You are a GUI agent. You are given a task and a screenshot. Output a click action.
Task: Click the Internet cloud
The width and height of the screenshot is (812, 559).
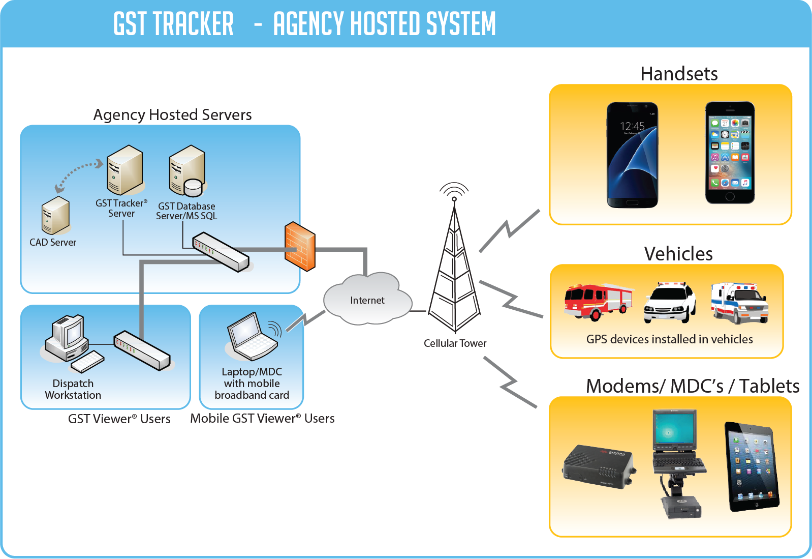point(367,300)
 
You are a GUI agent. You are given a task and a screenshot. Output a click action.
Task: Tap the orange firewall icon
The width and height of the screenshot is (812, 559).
point(300,246)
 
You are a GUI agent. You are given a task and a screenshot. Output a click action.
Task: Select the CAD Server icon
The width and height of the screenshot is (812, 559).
point(55,216)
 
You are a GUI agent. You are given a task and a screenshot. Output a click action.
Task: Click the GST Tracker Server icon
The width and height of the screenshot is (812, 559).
point(124,170)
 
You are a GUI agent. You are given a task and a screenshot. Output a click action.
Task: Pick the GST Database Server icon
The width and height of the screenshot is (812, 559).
point(187,171)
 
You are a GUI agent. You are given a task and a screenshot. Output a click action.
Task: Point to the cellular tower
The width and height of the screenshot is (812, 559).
point(454,270)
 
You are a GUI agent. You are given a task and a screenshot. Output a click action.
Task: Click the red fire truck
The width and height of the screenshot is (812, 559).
point(598,301)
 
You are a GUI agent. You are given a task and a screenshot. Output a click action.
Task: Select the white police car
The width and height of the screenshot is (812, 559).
point(670,303)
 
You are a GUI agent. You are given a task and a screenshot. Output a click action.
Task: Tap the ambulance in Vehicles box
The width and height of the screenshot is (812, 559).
point(739,303)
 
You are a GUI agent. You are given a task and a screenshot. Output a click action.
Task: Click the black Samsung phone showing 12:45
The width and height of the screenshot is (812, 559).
point(632,155)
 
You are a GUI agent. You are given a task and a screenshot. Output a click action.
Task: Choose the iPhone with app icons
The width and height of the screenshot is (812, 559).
point(730,153)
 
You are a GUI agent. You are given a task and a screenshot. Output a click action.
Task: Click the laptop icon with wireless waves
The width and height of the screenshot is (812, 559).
point(253,337)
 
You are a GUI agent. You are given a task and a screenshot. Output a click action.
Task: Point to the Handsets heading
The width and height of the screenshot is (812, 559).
point(679,74)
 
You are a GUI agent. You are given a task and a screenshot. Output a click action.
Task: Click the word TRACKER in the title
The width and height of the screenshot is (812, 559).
point(193,24)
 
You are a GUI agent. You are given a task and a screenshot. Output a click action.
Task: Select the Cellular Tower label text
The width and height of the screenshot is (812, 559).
point(455,343)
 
